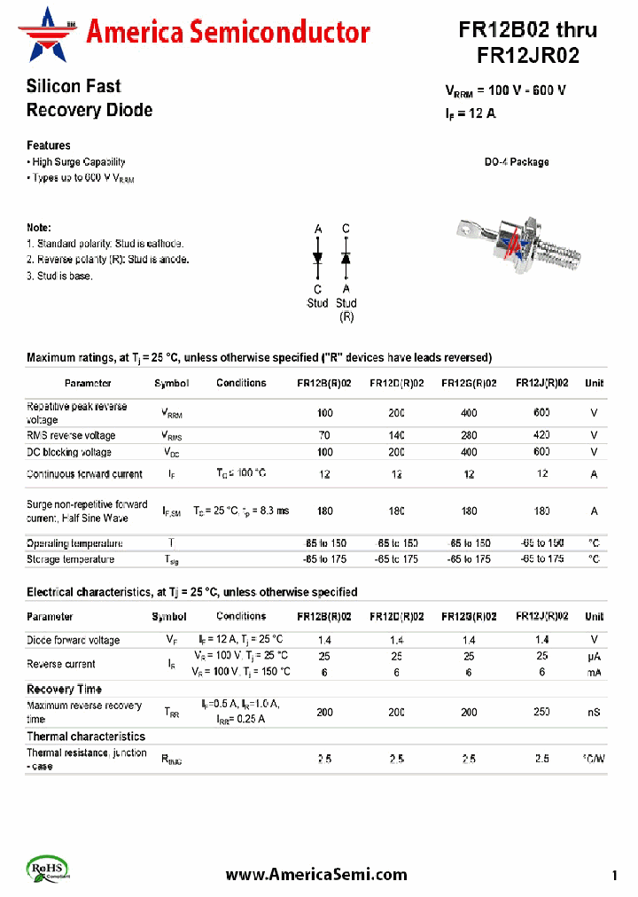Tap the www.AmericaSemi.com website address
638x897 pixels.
(x=316, y=874)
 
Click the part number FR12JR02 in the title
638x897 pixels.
(x=527, y=56)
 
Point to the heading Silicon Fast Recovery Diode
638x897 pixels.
(x=89, y=98)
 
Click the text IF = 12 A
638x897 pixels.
(x=470, y=113)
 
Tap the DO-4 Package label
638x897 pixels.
(x=516, y=162)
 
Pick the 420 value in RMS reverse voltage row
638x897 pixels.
(x=541, y=435)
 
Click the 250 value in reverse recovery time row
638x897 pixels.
(x=541, y=712)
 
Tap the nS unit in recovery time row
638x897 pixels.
(x=594, y=712)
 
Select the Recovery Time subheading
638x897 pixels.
(x=64, y=689)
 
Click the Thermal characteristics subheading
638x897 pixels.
(x=85, y=737)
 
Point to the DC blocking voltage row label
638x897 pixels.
(x=69, y=452)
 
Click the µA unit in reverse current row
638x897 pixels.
(x=594, y=656)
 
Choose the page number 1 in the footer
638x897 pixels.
(x=614, y=877)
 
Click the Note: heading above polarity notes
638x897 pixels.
(x=39, y=228)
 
